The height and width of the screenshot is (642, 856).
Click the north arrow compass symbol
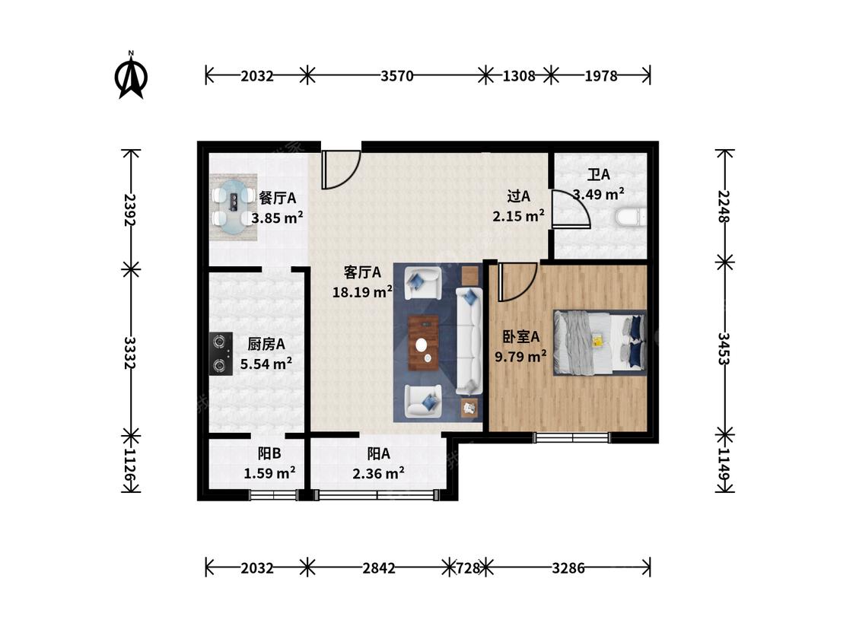[131, 75]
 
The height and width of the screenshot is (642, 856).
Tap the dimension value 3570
[397, 76]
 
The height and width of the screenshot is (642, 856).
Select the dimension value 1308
[519, 76]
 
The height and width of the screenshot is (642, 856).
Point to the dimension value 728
[469, 568]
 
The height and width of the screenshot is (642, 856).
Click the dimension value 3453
[724, 349]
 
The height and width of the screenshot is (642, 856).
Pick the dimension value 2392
[130, 209]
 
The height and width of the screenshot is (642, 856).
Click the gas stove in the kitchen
[221, 354]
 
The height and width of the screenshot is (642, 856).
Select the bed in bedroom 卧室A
[600, 343]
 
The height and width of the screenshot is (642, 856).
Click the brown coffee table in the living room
[424, 343]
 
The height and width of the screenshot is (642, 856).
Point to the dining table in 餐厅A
[234, 208]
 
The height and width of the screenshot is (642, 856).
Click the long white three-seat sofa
[469, 341]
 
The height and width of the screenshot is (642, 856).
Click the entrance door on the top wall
[341, 169]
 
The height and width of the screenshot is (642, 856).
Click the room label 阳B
[269, 453]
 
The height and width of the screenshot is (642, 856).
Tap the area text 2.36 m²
[378, 473]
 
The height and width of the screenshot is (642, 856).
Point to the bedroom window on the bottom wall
[571, 437]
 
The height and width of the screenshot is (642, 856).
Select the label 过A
[519, 196]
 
